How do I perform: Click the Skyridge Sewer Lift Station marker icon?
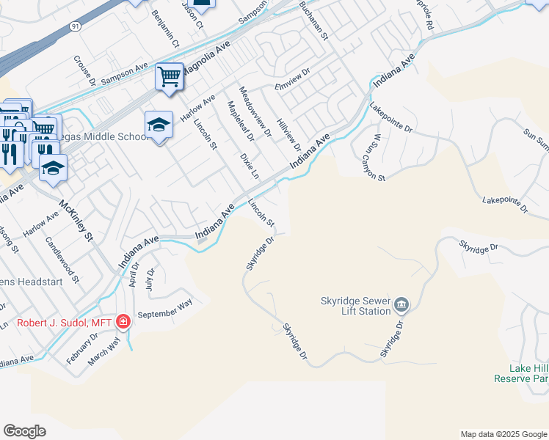401,304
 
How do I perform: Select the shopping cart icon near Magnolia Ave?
170,77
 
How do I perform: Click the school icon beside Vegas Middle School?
158,126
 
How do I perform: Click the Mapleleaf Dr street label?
241,122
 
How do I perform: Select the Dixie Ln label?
250,166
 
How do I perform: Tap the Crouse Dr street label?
85,70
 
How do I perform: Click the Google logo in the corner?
25,431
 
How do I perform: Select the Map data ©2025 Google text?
503,434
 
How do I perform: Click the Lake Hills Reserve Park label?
528,373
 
